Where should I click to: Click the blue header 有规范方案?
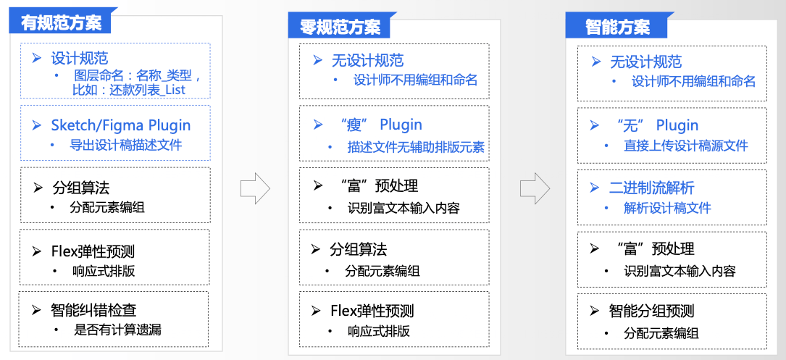[61, 22]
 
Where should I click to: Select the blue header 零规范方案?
[340, 27]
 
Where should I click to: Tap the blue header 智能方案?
[617, 27]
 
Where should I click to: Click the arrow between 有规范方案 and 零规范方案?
[255, 189]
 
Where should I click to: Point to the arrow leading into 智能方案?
[535, 188]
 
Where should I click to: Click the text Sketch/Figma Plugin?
[121, 125]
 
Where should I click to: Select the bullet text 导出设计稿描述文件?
[125, 145]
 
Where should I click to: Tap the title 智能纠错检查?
[93, 310]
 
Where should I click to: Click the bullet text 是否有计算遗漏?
[117, 330]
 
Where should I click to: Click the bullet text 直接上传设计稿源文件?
[685, 146]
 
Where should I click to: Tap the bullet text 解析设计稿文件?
[667, 208]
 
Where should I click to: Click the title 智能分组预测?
[651, 311]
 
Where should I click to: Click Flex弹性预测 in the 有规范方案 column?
[93, 251]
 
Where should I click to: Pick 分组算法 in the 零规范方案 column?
[358, 250]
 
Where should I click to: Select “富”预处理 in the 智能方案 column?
[653, 249]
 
